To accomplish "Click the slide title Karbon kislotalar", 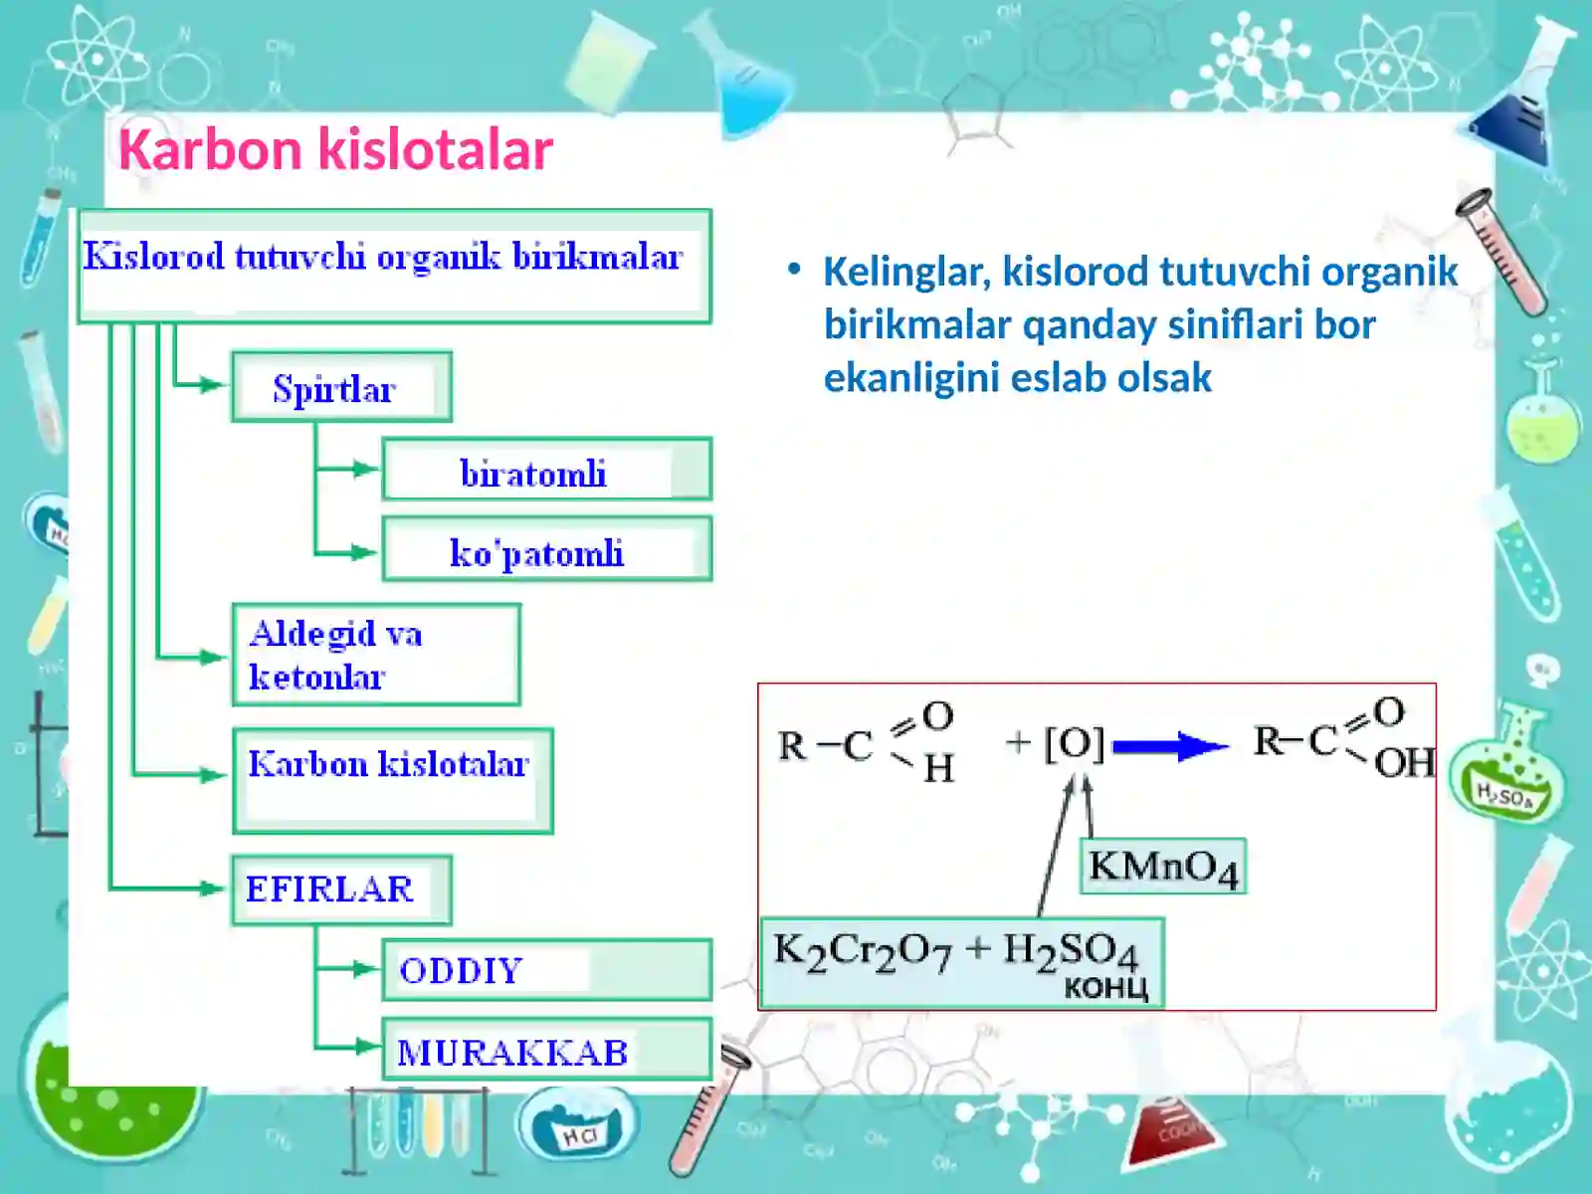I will point(335,150).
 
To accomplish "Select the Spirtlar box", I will point(341,387).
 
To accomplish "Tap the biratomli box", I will point(546,470).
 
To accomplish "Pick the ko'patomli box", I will point(546,549).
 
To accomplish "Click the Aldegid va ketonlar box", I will point(375,655).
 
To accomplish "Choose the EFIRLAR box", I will point(341,890).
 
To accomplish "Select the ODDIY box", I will point(546,970).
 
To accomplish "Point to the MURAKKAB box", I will point(546,1050).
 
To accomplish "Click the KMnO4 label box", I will point(1162,867).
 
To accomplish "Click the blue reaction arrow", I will point(1170,746).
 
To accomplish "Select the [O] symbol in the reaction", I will point(1074,743).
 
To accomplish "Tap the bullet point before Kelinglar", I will point(793,269).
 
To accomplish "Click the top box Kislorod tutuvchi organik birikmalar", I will point(394,266).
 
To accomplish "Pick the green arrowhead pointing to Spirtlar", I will point(211,385).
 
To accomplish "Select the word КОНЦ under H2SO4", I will point(1105,988).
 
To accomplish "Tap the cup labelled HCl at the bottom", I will point(578,1126).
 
